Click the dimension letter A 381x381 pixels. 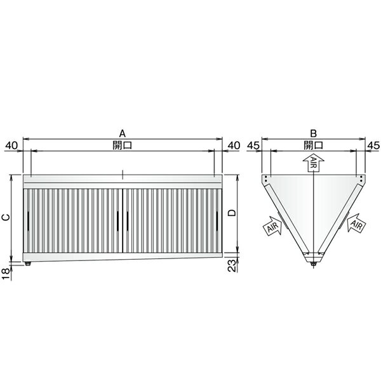tap(123, 133)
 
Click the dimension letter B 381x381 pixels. tap(314, 133)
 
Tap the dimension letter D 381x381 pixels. tap(232, 213)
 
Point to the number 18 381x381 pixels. tap(6, 274)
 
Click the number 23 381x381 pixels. tap(232, 265)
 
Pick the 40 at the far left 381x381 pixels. tap(11, 145)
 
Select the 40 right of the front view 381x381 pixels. tap(234, 145)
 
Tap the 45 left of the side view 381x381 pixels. tap(253, 145)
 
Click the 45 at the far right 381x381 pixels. tap(373, 145)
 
